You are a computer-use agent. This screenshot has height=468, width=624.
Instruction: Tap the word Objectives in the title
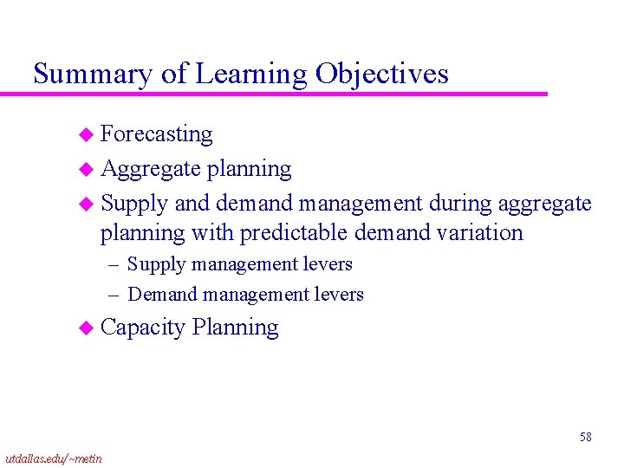coord(381,75)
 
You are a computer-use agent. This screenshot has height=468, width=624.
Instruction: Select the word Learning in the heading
coord(251,75)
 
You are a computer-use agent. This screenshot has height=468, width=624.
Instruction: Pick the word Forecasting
coord(157,134)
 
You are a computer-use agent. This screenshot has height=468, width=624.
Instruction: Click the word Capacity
coord(143,328)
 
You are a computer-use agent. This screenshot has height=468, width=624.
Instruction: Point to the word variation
coord(481,233)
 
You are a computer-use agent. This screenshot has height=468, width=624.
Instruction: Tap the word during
coord(456,204)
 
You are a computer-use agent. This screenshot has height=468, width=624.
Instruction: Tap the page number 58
coord(586,437)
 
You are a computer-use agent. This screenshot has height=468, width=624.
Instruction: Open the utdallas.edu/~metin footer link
coord(53,458)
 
